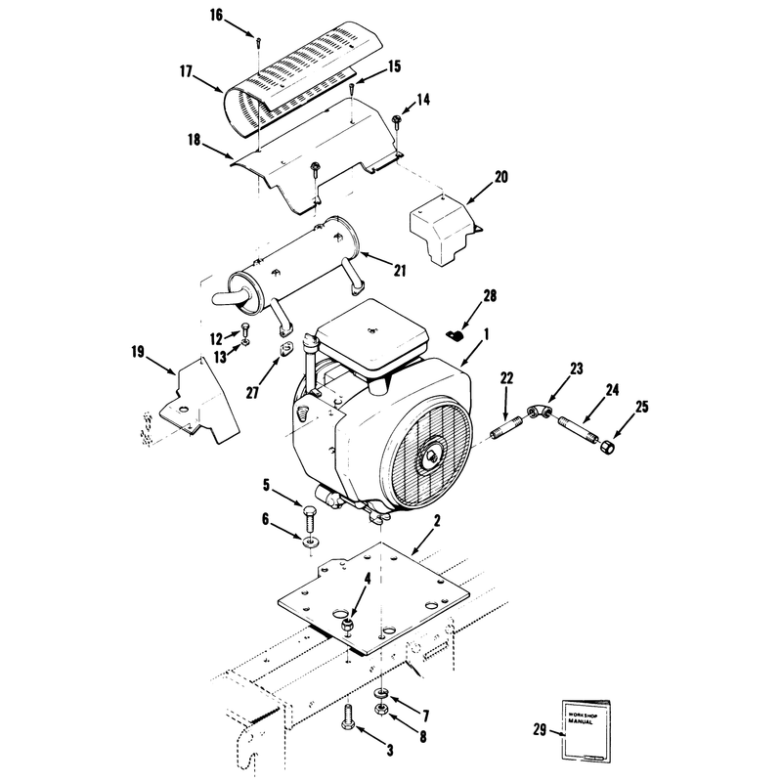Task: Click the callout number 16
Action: (x=216, y=16)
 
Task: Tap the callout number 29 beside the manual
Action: (x=540, y=729)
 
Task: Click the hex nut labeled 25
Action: (x=606, y=447)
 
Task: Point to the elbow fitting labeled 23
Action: (x=540, y=413)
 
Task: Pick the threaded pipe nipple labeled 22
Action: (x=506, y=430)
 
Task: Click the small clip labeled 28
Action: (x=454, y=336)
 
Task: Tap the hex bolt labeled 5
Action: (x=309, y=520)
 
